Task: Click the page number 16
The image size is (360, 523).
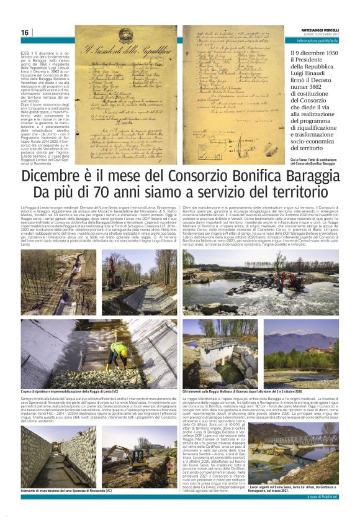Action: pos(24,33)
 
